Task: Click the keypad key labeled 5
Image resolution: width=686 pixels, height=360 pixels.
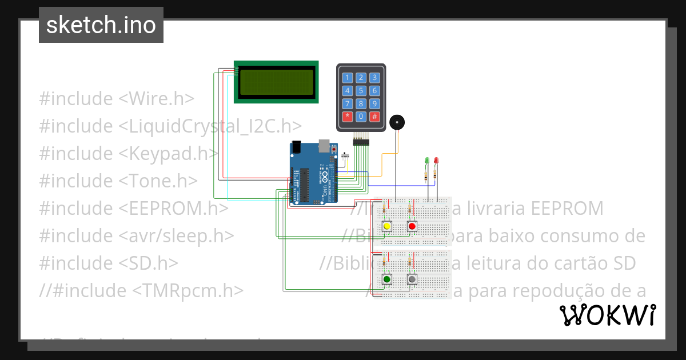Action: point(361,90)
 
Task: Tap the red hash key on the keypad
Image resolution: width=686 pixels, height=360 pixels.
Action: point(374,117)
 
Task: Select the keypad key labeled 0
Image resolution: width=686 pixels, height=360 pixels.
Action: point(361,117)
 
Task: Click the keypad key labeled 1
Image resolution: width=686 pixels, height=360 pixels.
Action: point(347,78)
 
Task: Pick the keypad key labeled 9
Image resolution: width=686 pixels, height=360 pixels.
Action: point(374,103)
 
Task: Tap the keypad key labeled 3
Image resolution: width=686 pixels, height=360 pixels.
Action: point(374,78)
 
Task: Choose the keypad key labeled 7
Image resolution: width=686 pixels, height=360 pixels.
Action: point(347,103)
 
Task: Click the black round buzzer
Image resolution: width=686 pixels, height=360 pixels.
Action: point(397,122)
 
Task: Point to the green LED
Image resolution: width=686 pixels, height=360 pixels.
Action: point(426,161)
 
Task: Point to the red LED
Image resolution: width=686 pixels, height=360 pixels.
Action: point(436,161)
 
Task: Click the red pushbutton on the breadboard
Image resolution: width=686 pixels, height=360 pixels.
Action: point(412,226)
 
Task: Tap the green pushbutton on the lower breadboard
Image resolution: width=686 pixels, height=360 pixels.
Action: point(387,279)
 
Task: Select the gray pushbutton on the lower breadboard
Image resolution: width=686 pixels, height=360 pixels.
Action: point(412,279)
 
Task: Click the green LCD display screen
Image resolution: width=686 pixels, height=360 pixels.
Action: point(277,82)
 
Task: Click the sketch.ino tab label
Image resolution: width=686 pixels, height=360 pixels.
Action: point(101,25)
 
